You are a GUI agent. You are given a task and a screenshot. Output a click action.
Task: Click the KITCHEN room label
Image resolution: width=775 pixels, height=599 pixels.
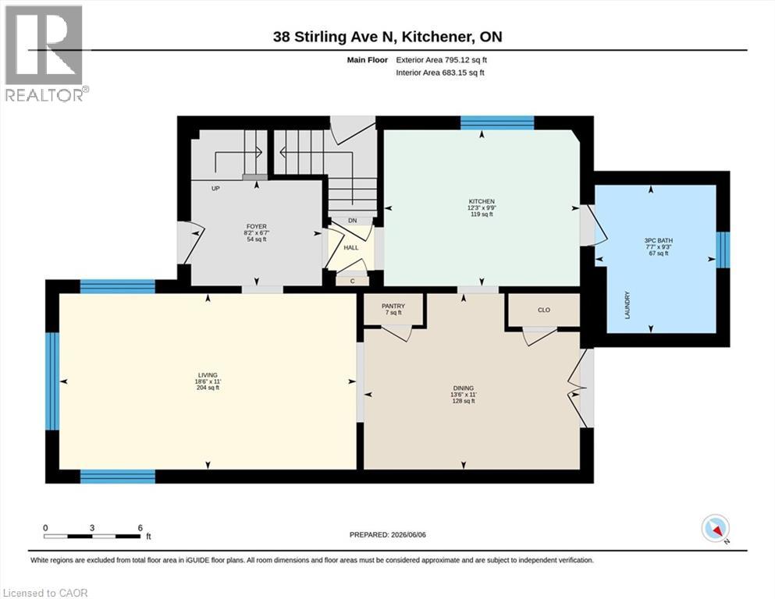482,201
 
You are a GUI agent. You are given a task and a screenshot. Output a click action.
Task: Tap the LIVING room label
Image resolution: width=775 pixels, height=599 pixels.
208,375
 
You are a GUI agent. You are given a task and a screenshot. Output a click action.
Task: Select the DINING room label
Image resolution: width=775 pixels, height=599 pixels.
463,388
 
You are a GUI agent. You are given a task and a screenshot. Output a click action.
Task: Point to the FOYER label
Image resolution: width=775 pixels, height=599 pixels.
257,227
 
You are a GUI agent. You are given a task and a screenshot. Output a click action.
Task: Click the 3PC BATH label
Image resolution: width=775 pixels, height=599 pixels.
659,240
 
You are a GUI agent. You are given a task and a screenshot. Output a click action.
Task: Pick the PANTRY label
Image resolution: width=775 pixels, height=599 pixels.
393,307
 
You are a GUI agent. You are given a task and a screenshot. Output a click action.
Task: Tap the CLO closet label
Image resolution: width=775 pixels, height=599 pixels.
544,310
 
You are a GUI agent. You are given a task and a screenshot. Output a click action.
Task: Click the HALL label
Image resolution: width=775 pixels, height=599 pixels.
351,247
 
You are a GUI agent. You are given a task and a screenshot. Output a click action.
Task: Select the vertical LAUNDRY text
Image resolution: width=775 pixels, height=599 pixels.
627,305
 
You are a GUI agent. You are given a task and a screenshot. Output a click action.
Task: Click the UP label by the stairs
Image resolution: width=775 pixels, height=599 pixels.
215,189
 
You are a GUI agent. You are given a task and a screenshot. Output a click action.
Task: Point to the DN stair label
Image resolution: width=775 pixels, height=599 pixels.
353,221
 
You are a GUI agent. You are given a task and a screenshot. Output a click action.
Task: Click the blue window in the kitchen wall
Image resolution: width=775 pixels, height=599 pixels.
497,122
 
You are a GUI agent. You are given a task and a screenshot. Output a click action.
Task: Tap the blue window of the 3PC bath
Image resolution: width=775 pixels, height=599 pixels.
723,250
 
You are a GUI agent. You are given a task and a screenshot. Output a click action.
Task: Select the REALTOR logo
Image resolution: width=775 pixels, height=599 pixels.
44,53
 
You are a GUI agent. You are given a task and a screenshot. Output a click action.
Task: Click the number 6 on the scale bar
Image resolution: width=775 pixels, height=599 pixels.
140,527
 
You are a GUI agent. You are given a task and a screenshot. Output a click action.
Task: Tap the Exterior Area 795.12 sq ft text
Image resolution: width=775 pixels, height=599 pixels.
442,60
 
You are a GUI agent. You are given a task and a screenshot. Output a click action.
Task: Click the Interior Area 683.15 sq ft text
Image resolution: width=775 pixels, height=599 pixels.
440,73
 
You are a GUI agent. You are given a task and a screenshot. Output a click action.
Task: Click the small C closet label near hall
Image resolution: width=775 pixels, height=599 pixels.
353,281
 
